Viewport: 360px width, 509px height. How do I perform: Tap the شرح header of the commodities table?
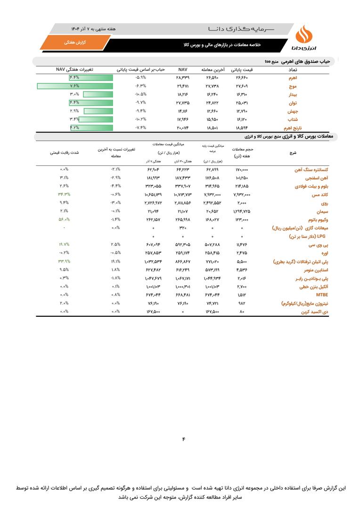coord(292,153)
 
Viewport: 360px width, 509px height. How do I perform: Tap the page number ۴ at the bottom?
coord(183,440)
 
